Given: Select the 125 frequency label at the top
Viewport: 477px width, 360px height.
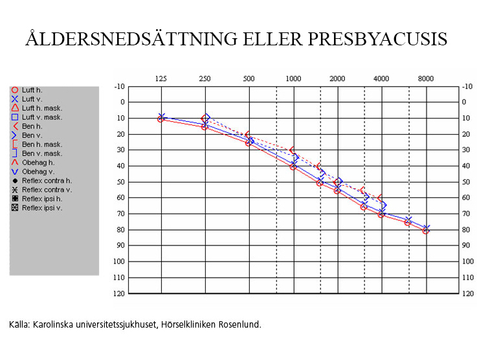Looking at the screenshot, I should pyautogui.click(x=161, y=79).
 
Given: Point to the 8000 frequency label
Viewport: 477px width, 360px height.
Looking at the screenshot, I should pyautogui.click(x=425, y=79).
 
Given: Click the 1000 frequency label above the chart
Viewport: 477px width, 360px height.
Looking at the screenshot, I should pyautogui.click(x=293, y=79).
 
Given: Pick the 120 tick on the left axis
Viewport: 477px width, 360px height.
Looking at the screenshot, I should pyautogui.click(x=119, y=293).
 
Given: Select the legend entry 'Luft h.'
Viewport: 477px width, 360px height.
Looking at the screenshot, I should pyautogui.click(x=32, y=90).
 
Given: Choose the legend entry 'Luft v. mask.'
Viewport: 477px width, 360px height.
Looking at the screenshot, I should pyautogui.click(x=41, y=117).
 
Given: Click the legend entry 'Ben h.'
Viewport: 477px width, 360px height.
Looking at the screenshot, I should pyautogui.click(x=31, y=126).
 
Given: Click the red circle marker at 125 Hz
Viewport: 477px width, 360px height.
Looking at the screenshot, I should pyautogui.click(x=161, y=119).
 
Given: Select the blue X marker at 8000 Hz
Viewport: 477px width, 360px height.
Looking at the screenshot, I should pyautogui.click(x=427, y=228).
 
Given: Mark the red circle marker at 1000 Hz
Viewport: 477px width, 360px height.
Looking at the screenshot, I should pyautogui.click(x=293, y=166).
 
